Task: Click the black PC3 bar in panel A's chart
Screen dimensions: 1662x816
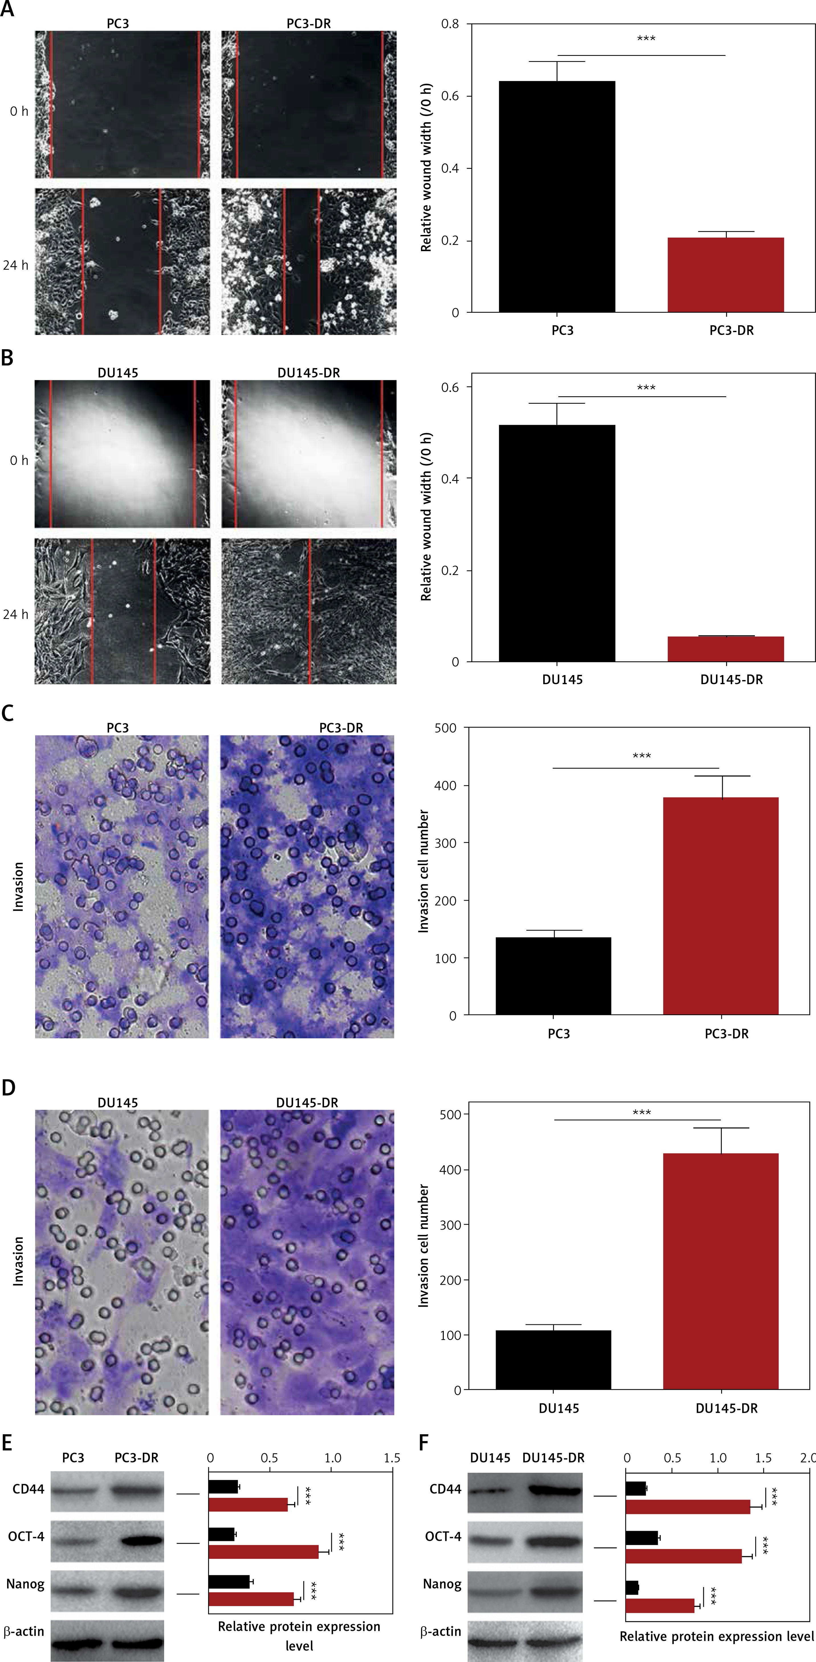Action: [x=557, y=197]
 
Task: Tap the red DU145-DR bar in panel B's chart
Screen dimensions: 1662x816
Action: [x=726, y=649]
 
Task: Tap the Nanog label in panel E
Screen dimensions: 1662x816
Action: [x=25, y=1584]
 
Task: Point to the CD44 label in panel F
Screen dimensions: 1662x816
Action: [x=445, y=1489]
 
